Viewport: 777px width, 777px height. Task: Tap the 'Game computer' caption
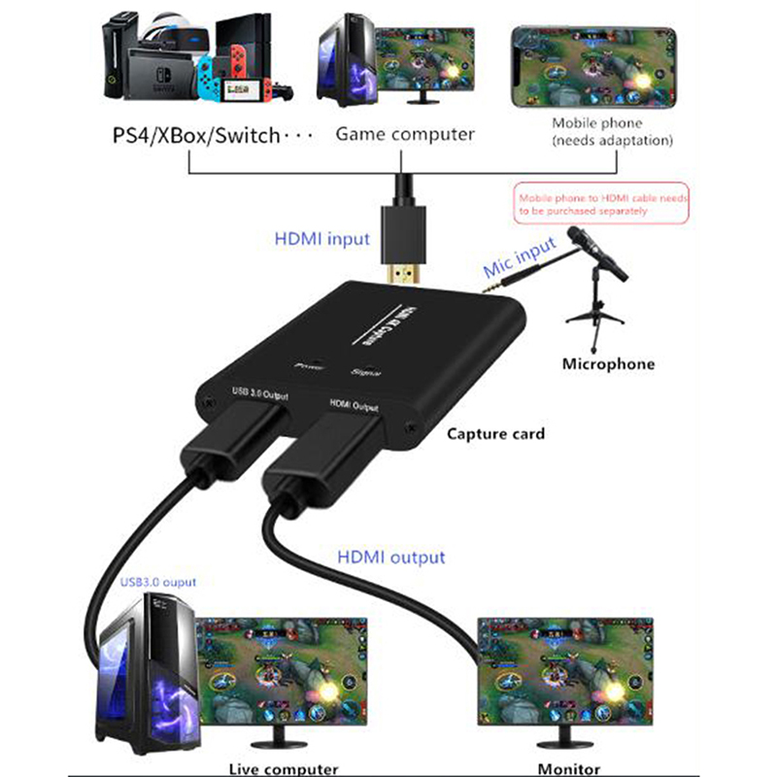[405, 134]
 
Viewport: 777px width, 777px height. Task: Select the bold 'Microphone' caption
[608, 364]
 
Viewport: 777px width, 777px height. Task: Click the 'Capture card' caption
[496, 433]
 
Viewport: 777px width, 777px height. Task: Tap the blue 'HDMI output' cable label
[391, 557]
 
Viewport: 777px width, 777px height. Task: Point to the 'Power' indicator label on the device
[307, 367]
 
